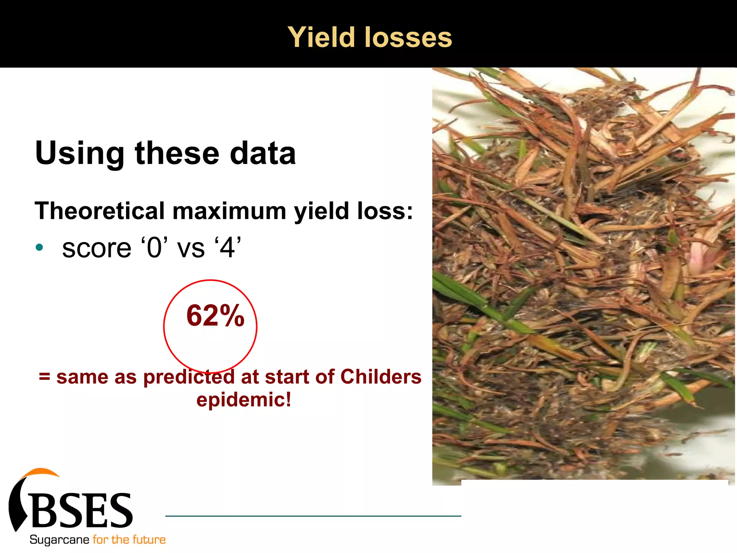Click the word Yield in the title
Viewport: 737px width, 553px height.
(321, 37)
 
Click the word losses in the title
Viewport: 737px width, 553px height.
(408, 37)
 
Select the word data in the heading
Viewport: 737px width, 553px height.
(263, 153)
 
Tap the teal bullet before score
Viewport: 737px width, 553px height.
(40, 248)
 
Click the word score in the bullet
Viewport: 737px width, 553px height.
(96, 248)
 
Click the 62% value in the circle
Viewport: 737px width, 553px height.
(215, 316)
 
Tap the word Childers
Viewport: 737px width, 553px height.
(381, 377)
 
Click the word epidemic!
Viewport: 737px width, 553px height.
(244, 400)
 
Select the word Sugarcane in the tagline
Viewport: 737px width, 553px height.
(59, 540)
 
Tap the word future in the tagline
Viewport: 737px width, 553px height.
(149, 540)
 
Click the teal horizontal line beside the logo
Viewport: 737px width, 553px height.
(313, 516)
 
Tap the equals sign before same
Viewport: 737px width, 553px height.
(45, 377)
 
